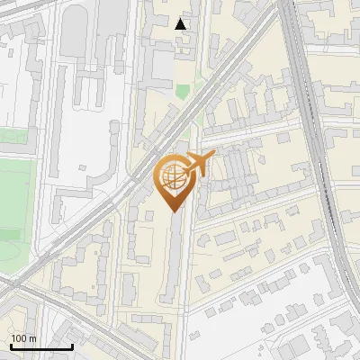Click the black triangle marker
181,24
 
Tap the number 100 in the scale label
20,339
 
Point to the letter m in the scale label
33,339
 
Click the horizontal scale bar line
41,347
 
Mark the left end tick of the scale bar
11,346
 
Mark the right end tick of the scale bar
72,346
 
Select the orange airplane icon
200,163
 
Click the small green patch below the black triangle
183,91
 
